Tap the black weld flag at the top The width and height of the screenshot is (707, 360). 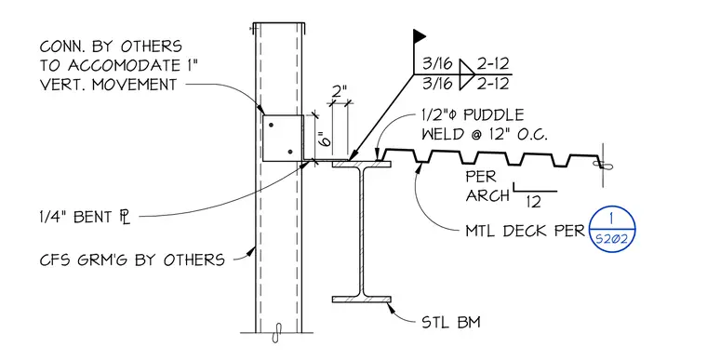point(420,36)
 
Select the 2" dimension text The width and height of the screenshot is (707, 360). point(340,92)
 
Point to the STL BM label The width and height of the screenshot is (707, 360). point(451,322)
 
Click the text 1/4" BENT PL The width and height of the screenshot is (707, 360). point(85,217)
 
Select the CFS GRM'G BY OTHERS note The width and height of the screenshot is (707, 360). point(132,260)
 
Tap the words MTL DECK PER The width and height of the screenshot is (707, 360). point(525,231)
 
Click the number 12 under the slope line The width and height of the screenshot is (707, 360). point(533,202)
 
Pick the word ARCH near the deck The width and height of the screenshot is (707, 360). point(487,195)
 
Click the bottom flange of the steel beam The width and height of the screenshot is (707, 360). point(362,300)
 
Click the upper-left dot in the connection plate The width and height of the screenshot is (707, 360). point(271,125)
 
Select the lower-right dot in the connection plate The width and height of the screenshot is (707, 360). point(290,152)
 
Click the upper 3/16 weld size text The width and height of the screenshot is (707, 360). point(437,64)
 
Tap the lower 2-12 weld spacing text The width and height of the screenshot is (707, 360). point(493,84)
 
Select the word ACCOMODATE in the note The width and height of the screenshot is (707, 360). point(123,65)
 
